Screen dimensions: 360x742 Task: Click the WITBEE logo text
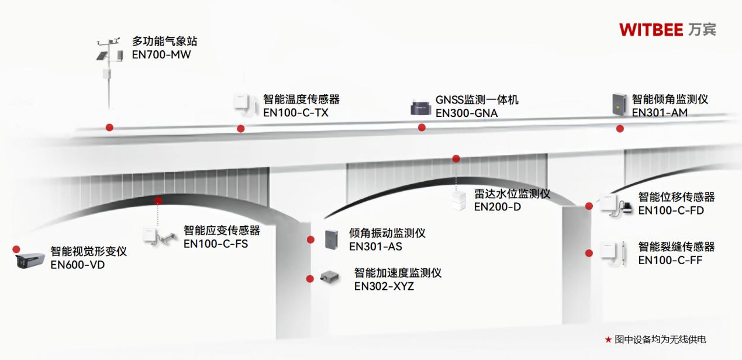point(651,29)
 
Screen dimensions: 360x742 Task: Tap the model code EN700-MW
point(161,55)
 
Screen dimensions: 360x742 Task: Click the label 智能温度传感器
point(301,99)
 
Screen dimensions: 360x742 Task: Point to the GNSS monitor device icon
point(421,108)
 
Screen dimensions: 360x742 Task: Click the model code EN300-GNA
point(467,113)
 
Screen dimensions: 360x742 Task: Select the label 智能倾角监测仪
point(670,99)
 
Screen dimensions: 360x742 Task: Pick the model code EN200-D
point(497,207)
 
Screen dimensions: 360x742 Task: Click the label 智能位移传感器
point(677,197)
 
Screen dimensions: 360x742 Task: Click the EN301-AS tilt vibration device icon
point(332,239)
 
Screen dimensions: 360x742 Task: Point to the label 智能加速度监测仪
point(398,273)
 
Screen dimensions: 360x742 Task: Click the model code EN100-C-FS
point(216,244)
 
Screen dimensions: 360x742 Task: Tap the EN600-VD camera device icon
point(29,260)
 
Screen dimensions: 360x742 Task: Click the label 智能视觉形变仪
point(88,252)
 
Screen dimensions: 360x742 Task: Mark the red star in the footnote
point(608,340)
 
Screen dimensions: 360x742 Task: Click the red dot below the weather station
point(109,127)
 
